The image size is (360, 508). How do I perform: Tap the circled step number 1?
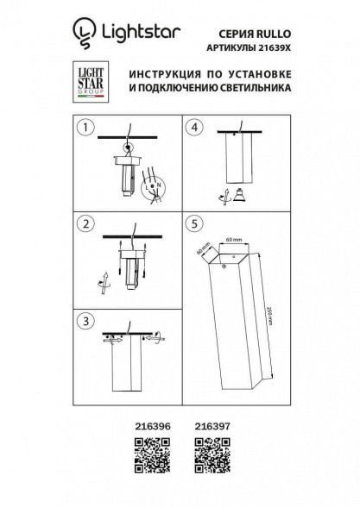pos(85,129)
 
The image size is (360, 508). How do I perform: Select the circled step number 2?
pos(85,224)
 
